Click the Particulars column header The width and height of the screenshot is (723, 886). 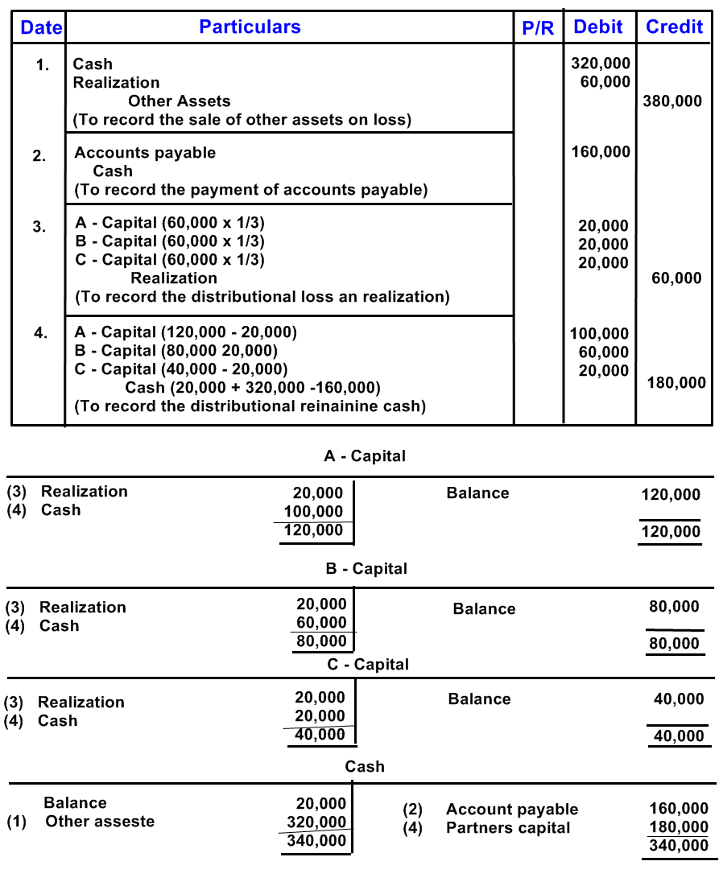[250, 27]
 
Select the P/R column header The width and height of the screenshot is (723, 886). [538, 28]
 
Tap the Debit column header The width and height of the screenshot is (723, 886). [597, 27]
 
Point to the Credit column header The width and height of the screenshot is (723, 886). [674, 27]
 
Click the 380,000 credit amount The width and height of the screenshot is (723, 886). [672, 101]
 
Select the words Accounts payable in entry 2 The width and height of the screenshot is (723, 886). [145, 153]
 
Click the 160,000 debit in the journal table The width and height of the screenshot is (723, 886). [600, 152]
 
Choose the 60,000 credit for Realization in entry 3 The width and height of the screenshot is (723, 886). [676, 278]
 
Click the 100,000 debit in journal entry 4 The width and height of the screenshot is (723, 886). [599, 334]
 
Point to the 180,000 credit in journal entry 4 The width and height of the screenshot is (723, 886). [676, 383]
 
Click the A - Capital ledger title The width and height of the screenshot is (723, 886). [364, 456]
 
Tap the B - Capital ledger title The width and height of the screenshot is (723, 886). [366, 569]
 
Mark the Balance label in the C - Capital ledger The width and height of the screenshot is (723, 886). [479, 699]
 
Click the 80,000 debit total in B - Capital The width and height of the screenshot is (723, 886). [321, 641]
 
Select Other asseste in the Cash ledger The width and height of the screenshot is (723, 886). [99, 822]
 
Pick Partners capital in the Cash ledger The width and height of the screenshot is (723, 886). [507, 828]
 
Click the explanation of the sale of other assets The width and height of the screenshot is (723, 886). [242, 120]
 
